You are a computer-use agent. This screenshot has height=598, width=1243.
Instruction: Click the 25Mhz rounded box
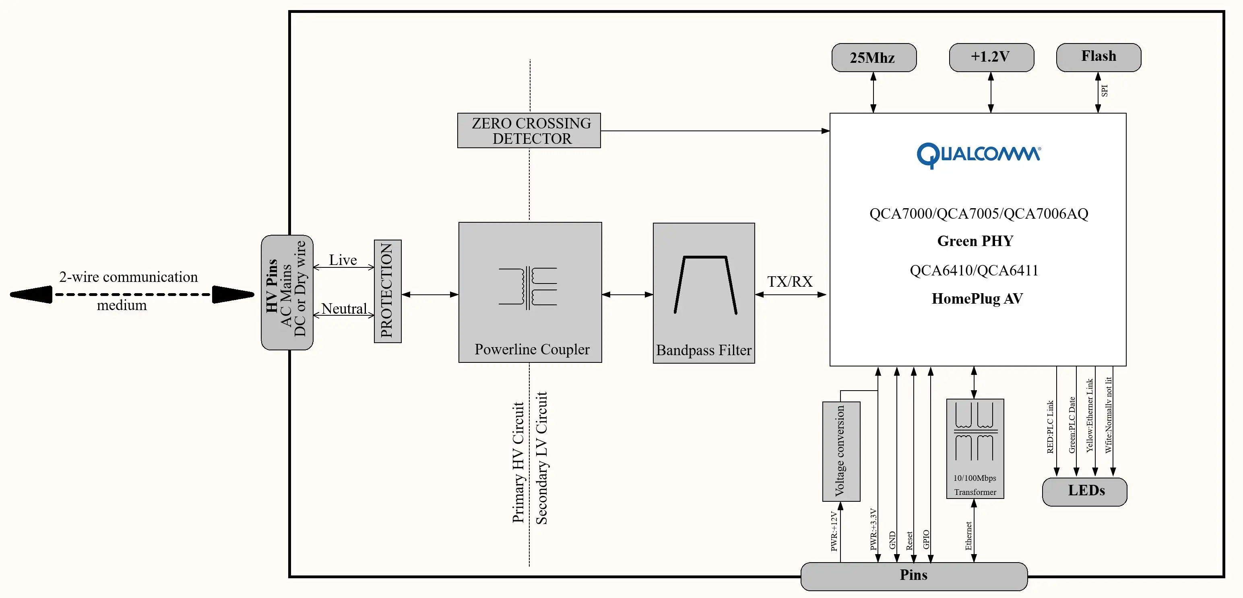pyautogui.click(x=873, y=58)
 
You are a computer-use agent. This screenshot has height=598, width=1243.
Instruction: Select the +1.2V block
pyautogui.click(x=991, y=57)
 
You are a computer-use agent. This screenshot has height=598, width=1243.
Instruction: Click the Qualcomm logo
pyautogui.click(x=978, y=155)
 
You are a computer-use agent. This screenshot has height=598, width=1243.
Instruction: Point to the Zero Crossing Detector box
pyautogui.click(x=529, y=130)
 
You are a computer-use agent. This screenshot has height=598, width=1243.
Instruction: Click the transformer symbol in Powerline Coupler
pyautogui.click(x=528, y=288)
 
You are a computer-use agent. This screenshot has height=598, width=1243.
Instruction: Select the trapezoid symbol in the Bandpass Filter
pyautogui.click(x=705, y=285)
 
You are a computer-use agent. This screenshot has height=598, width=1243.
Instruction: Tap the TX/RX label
pyautogui.click(x=789, y=281)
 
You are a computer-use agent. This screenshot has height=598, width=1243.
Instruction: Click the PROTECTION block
pyautogui.click(x=388, y=291)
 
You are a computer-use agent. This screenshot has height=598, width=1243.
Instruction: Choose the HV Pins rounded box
pyautogui.click(x=287, y=292)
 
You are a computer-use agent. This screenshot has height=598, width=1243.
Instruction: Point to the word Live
pyautogui.click(x=343, y=260)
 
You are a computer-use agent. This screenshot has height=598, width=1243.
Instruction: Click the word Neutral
pyautogui.click(x=344, y=308)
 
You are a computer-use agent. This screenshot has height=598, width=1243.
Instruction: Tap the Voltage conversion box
pyautogui.click(x=841, y=451)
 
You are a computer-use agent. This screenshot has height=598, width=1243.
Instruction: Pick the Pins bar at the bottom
pyautogui.click(x=913, y=575)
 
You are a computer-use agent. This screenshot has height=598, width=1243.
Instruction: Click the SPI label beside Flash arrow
pyautogui.click(x=1105, y=90)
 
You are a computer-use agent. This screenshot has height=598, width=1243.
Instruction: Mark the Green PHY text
pyautogui.click(x=975, y=241)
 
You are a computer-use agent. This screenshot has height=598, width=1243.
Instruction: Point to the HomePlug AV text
pyautogui.click(x=977, y=299)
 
